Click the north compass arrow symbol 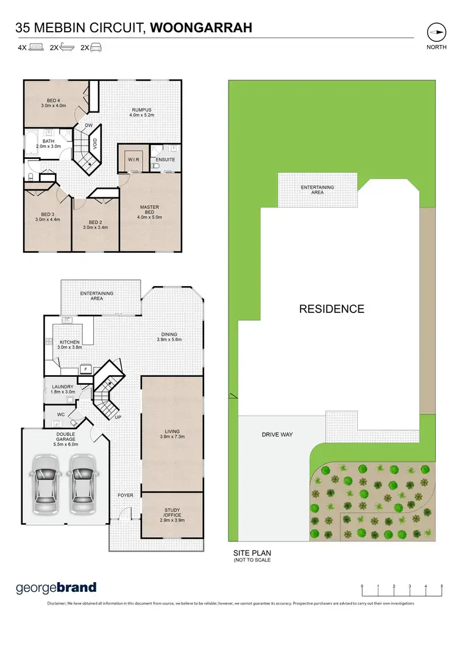(x=436, y=32)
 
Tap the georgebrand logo (x=55, y=588)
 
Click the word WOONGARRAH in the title (x=201, y=27)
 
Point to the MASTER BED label (x=149, y=210)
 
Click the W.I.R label (x=133, y=160)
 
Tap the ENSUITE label (x=165, y=160)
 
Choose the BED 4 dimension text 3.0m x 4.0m (x=53, y=106)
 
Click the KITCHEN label (x=68, y=343)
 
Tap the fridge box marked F (x=85, y=369)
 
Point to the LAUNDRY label (x=63, y=387)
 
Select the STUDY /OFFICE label (x=172, y=513)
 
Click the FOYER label (x=125, y=495)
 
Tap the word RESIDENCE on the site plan (x=331, y=309)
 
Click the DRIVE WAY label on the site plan (x=277, y=435)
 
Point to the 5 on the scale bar (x=441, y=586)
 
